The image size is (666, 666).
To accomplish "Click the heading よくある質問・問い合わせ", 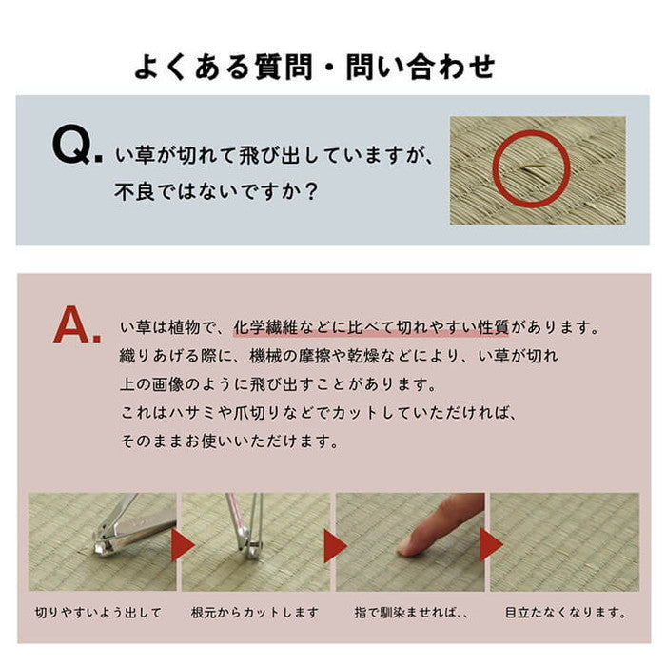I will (315, 68).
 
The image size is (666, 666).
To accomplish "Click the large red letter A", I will (76, 325).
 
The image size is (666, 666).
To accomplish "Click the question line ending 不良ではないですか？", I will (216, 190).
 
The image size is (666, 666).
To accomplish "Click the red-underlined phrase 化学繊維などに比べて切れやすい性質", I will (370, 327).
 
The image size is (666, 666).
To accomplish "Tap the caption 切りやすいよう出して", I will (98, 612).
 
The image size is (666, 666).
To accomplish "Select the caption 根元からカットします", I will (255, 612).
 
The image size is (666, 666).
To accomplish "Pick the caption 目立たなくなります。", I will (567, 612).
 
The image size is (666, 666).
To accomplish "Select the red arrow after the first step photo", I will (182, 545).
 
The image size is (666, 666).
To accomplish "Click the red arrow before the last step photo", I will (491, 545).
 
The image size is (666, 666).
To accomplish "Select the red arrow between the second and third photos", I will (335, 545).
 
